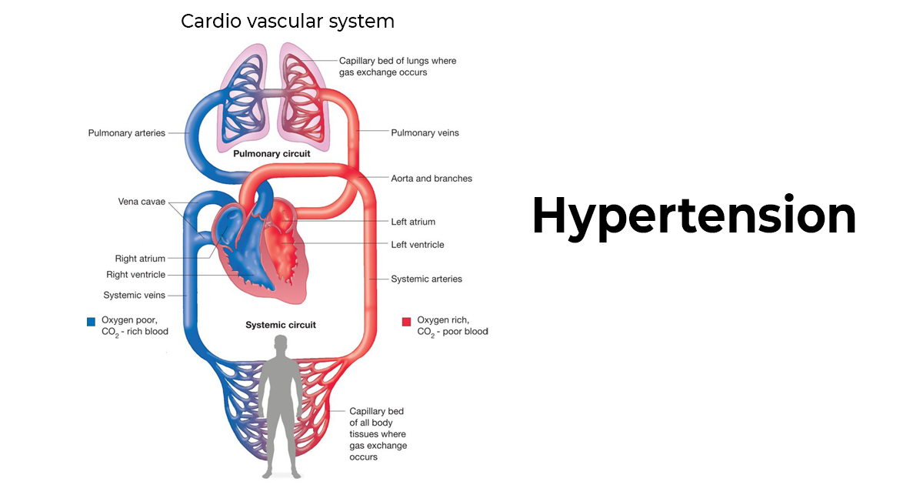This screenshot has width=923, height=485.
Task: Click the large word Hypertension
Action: click(x=694, y=216)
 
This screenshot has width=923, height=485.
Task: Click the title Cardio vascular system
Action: click(x=287, y=22)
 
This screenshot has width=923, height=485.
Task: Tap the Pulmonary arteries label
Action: click(x=126, y=133)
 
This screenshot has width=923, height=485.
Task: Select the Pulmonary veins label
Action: click(x=425, y=133)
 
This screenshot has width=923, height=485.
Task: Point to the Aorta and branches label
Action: click(x=432, y=179)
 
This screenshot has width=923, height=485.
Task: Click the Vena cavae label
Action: click(x=142, y=202)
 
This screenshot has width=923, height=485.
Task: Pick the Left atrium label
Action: click(x=413, y=222)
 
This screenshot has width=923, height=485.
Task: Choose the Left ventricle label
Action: click(x=417, y=245)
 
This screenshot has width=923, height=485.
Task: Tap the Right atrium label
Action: click(x=140, y=259)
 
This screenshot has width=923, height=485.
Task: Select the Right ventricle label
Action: click(x=135, y=275)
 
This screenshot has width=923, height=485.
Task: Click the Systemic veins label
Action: click(x=134, y=295)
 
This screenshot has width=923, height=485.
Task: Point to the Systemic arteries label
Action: click(x=426, y=279)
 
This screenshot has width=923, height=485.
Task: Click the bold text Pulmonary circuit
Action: click(x=272, y=154)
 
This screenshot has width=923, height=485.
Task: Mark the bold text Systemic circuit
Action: click(x=281, y=325)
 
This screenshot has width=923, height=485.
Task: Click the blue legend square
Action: click(x=92, y=321)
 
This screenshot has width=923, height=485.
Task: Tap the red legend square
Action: click(x=407, y=321)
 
